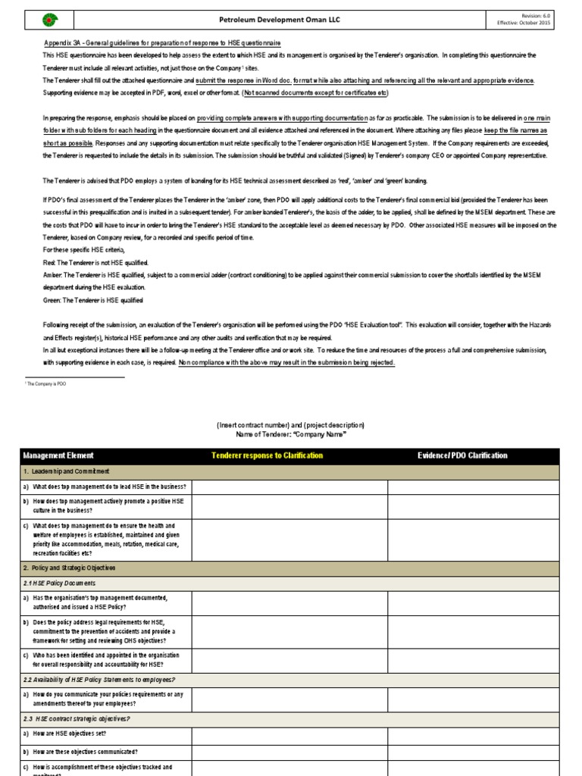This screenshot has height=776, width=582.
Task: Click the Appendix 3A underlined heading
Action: [x=162, y=43]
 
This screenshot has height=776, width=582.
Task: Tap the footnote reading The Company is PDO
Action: [x=48, y=385]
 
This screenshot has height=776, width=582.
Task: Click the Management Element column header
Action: [x=58, y=455]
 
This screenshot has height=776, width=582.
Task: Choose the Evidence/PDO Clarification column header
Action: [x=462, y=455]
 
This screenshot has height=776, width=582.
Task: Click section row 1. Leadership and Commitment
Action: [x=67, y=471]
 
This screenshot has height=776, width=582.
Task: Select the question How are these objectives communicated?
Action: [x=85, y=752]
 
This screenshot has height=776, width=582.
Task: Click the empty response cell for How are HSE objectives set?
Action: [x=289, y=734]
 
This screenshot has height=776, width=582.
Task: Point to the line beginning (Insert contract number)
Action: [x=290, y=425]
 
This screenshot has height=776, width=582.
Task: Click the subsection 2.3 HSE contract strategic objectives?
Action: [x=77, y=718]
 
